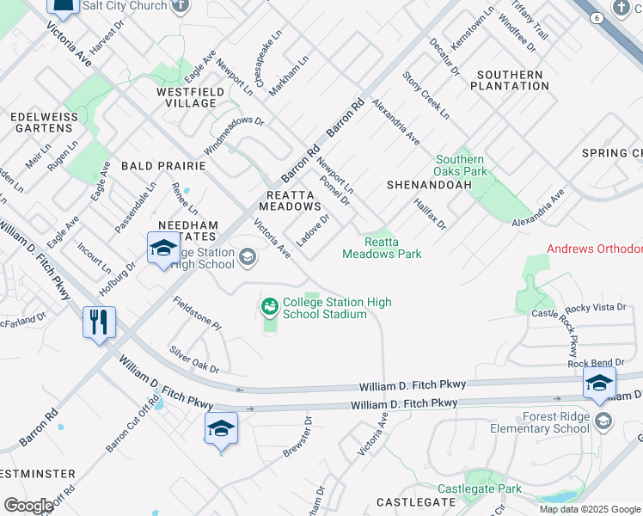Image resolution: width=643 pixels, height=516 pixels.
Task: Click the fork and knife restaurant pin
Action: pos(100,322)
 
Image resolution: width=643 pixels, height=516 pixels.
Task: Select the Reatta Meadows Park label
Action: pos(382,249)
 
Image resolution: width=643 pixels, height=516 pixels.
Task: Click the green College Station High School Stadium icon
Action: pos(269,305)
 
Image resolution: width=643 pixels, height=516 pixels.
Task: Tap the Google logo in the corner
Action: pos(28,506)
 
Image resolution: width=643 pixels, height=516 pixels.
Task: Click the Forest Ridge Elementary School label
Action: pos(539,422)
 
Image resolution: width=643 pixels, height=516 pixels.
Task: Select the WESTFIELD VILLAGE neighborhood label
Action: pos(187,97)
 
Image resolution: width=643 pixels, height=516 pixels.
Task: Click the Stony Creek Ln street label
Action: pos(426,95)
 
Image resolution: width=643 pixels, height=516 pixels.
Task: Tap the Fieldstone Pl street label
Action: pos(197,314)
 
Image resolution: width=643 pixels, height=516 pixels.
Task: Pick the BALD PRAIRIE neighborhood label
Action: pos(163,165)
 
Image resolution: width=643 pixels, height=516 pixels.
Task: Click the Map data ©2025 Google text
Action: pos(589,509)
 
